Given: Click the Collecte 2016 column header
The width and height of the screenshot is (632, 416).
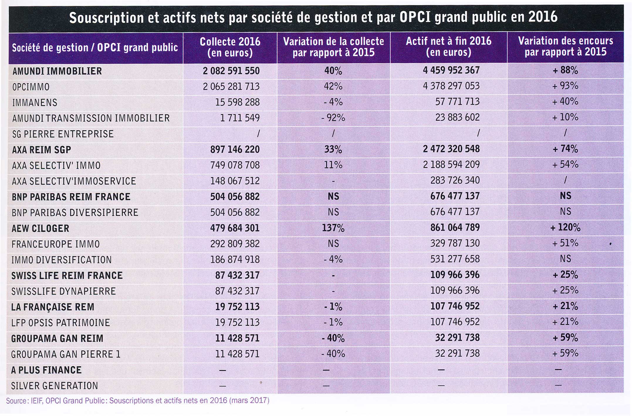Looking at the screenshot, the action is click(230, 47).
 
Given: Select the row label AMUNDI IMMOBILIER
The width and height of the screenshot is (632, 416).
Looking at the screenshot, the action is click(57, 71).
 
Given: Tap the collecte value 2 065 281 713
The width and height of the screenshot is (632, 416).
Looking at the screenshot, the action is click(231, 86).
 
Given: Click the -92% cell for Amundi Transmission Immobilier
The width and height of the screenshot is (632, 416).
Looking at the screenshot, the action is click(333, 118).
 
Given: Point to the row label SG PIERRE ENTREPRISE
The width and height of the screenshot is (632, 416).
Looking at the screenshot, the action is click(63, 134).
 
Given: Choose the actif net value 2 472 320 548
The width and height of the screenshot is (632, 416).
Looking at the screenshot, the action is click(451, 149).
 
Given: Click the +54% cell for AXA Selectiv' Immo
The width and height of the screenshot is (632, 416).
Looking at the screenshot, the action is click(565, 164).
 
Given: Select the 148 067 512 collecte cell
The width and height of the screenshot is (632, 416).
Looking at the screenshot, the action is click(235, 181).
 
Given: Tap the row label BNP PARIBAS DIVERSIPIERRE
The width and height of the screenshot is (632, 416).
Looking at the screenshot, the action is click(75, 212).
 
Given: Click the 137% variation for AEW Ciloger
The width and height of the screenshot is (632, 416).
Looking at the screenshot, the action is click(333, 228).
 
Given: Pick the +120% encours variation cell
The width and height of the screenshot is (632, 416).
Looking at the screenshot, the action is click(565, 228).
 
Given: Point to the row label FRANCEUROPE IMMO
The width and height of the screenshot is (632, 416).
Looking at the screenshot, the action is click(56, 244).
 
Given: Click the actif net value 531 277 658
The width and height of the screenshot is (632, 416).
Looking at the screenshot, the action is click(455, 259).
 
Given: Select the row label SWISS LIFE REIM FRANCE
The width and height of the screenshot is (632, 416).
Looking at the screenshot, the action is click(67, 275).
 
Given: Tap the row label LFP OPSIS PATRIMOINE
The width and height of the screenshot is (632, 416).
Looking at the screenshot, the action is click(60, 323).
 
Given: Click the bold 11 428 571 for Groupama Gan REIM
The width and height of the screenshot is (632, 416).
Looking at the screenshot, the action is click(237, 338).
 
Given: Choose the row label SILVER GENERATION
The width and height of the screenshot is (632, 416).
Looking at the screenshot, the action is click(55, 385).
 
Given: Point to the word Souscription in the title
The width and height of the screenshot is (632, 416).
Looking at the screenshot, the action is click(106, 18).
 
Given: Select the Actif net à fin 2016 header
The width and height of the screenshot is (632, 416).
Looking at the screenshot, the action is click(449, 47).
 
